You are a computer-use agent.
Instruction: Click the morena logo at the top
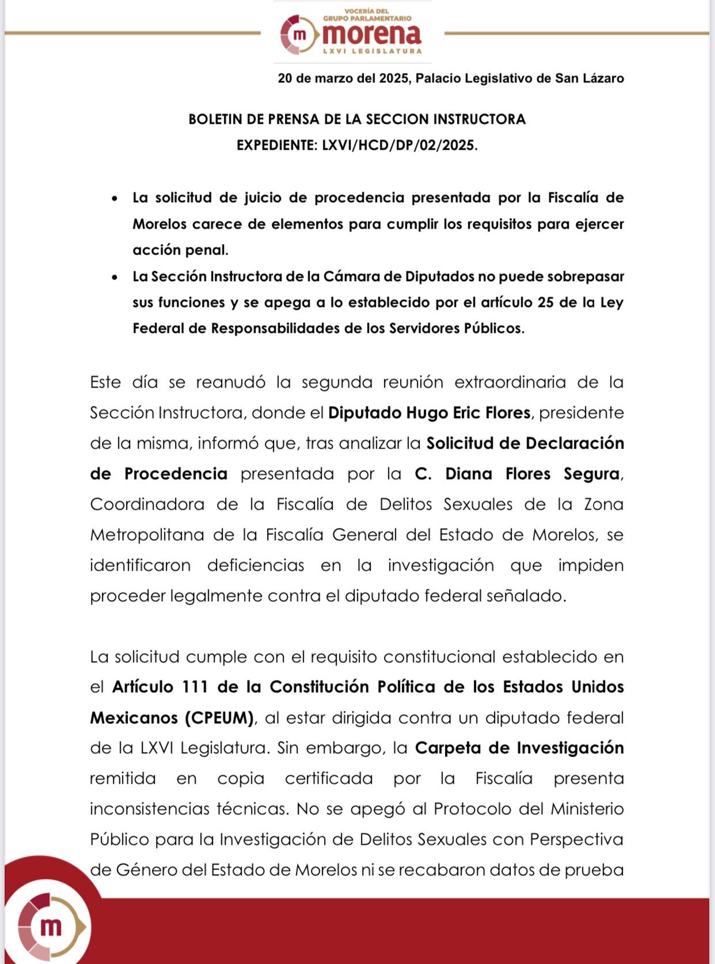pyautogui.click(x=352, y=33)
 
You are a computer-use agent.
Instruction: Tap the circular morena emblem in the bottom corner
pyautogui.click(x=51, y=927)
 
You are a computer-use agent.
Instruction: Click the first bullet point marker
pyautogui.click(x=115, y=199)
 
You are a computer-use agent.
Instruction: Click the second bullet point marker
pyautogui.click(x=115, y=278)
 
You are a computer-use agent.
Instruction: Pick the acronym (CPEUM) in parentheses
pyautogui.click(x=219, y=718)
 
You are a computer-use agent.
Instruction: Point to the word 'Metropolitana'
pyautogui.click(x=147, y=535)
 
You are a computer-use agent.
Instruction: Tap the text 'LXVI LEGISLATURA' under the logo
pyautogui.click(x=372, y=51)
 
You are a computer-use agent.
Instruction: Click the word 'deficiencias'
pyautogui.click(x=256, y=566)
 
